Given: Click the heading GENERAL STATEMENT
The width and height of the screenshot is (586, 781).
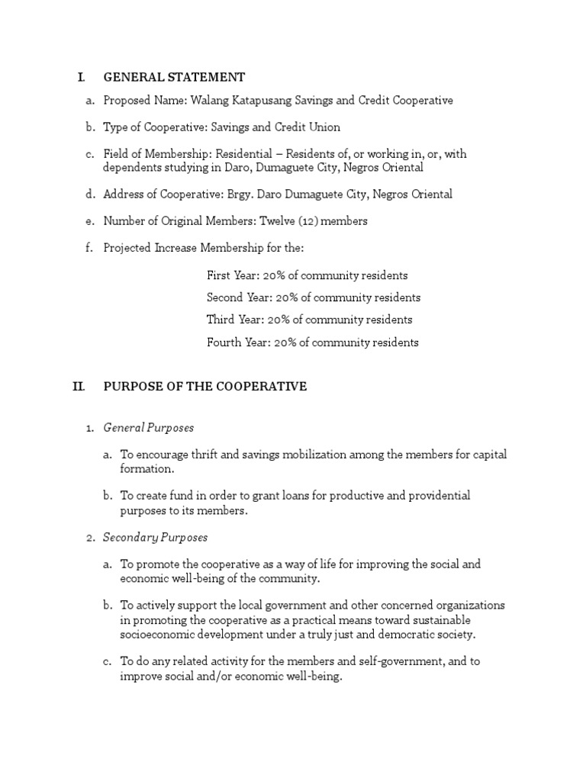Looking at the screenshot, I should click(174, 77).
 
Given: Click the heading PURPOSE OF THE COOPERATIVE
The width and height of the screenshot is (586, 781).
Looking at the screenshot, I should click(204, 387).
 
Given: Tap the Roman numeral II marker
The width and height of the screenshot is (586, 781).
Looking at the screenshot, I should click(79, 387).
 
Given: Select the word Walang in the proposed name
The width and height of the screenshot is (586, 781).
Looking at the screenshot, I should click(208, 101).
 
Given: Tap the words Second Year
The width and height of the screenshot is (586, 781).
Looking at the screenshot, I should click(235, 297).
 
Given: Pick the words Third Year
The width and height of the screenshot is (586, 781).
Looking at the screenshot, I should click(231, 320).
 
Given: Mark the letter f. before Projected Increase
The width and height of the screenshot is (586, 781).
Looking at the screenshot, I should click(89, 248).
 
